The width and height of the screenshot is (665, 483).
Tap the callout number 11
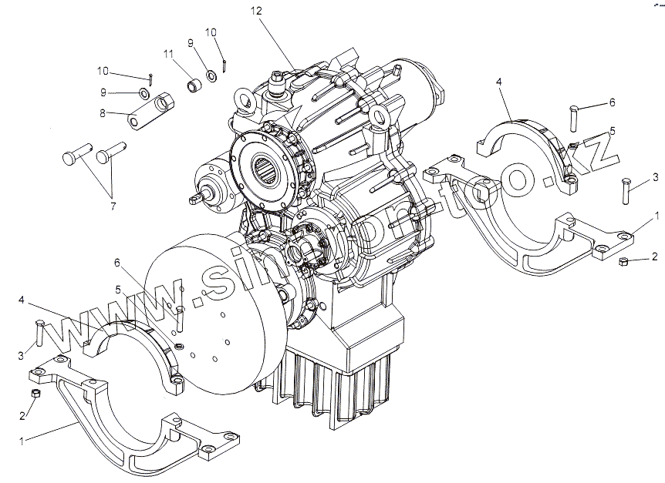pyautogui.click(x=167, y=53)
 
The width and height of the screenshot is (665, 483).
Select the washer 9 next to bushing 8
pyautogui.click(x=143, y=94)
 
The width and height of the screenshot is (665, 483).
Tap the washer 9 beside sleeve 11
pyautogui.click(x=210, y=77)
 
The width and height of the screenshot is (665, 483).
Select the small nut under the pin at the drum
pyautogui.click(x=178, y=346)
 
